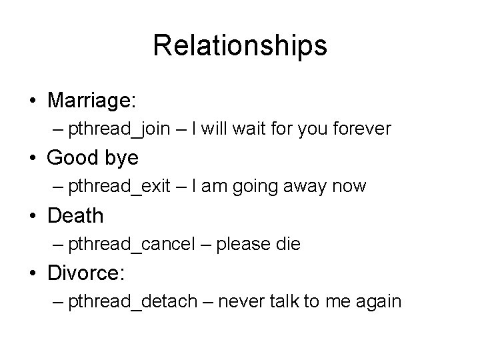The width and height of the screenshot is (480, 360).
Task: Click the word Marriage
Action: click(x=91, y=100)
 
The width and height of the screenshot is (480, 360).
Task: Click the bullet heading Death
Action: click(x=75, y=215)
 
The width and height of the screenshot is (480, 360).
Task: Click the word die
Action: click(x=289, y=244)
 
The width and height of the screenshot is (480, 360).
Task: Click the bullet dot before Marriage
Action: click(x=33, y=101)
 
